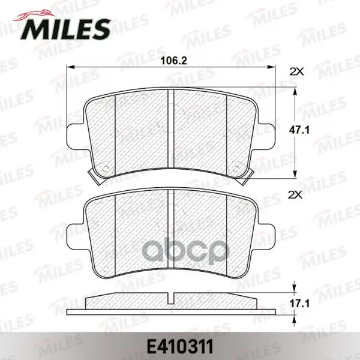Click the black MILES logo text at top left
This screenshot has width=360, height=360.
[65, 29]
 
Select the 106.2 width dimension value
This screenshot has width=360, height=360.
[174, 61]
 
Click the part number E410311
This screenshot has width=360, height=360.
[180, 347]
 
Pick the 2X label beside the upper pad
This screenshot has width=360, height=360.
[296, 72]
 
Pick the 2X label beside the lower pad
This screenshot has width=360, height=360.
[295, 195]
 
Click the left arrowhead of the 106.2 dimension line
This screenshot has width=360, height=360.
[70, 67]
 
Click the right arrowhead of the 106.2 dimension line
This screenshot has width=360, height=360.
[271, 67]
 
